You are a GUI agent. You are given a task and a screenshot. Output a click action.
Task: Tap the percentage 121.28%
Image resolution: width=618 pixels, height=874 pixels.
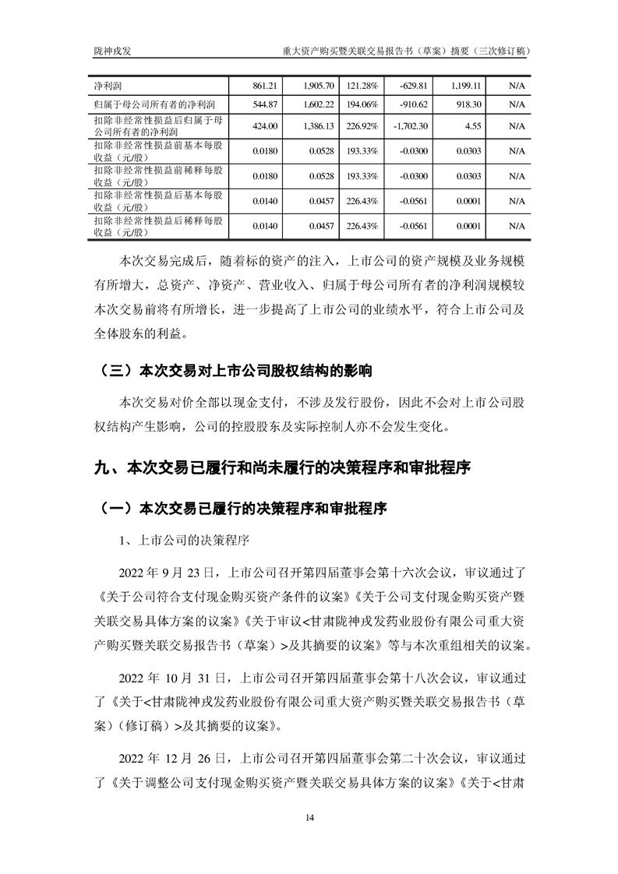[362, 84]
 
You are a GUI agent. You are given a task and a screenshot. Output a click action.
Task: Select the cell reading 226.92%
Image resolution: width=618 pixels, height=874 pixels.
[362, 125]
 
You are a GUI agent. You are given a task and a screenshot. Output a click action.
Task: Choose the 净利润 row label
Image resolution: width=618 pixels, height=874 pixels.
[108, 84]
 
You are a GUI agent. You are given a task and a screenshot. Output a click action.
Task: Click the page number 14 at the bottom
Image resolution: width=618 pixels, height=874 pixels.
[309, 817]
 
